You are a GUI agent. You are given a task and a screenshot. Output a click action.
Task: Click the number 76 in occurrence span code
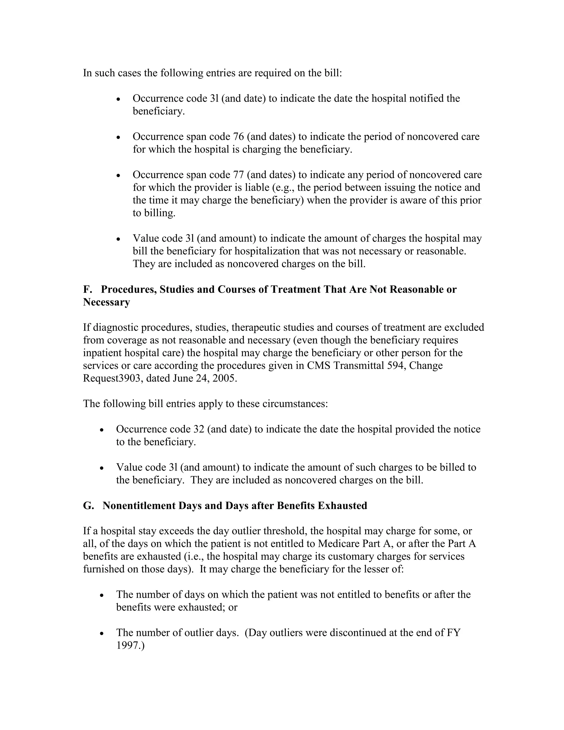[237, 136]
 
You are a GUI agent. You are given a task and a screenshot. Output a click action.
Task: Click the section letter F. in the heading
[88, 289]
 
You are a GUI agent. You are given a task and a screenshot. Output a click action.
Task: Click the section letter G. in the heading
[88, 505]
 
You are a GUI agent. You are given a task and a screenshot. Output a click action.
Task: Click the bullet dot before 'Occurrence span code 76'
[118, 137]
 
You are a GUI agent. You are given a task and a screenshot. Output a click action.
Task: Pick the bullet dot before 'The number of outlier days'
[102, 633]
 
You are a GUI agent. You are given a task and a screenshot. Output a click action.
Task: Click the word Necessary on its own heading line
[106, 302]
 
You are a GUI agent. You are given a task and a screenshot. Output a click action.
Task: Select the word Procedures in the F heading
[129, 289]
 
